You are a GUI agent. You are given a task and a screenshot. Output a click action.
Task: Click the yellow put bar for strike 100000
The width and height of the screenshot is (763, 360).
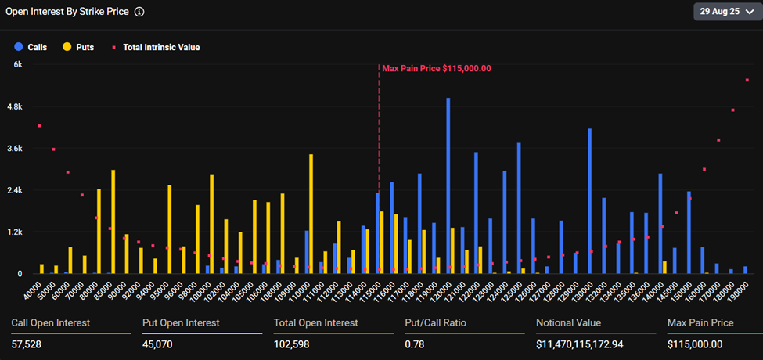[x=212, y=224]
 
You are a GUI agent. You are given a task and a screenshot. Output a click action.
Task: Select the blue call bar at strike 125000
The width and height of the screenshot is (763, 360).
[x=519, y=208]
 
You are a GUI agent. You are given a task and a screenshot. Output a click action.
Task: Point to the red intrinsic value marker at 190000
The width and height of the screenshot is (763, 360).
[x=747, y=80]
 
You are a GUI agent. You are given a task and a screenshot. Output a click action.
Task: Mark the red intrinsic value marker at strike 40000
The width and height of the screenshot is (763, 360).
[x=39, y=126]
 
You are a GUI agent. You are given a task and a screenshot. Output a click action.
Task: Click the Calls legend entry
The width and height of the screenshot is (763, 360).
[x=31, y=47]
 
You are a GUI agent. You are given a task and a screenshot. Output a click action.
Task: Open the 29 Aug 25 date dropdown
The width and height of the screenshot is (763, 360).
[x=724, y=12]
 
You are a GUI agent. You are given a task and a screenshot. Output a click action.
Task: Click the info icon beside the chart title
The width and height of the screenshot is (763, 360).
[x=139, y=13]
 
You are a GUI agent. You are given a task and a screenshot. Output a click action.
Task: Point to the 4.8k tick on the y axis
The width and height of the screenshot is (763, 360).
[x=16, y=106]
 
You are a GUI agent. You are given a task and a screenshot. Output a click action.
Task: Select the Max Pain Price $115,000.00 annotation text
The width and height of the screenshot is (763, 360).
[x=437, y=69]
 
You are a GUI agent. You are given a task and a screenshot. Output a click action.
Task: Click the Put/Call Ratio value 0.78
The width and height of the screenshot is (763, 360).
[x=414, y=344]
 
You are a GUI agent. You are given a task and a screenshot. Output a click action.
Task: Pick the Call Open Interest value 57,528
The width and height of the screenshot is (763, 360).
[x=27, y=344]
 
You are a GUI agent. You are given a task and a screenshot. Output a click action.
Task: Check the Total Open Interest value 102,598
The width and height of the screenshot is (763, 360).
[x=294, y=344]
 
